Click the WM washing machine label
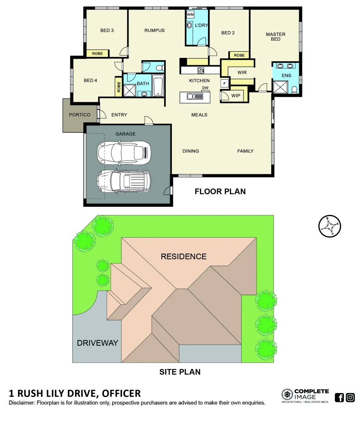pyautogui.click(x=190, y=14)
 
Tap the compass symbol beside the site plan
pyautogui.click(x=330, y=226)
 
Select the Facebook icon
pyautogui.click(x=340, y=398)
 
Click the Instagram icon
pyautogui.click(x=351, y=398)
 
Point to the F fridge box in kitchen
pyautogui.click(x=225, y=83)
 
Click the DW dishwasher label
pyautogui.click(x=205, y=88)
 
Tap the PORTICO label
pyautogui.click(x=80, y=115)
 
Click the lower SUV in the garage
pyautogui.click(x=124, y=181)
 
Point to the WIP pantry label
pyautogui.click(x=236, y=96)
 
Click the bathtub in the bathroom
pyautogui.click(x=158, y=86)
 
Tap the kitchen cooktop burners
pyautogui.click(x=201, y=71)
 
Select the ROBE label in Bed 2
pyautogui.click(x=239, y=55)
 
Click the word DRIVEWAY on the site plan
pyautogui.click(x=97, y=343)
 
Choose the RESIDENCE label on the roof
pyautogui.click(x=184, y=257)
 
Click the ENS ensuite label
pyautogui.click(x=287, y=75)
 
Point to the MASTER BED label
pyautogui.click(x=276, y=37)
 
